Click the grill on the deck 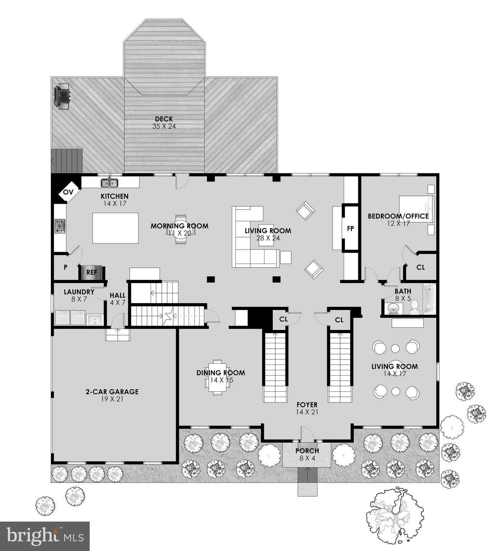click(62, 96)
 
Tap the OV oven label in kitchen click(68, 192)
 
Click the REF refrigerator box click(91, 273)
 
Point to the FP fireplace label click(351, 228)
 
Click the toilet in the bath click(414, 307)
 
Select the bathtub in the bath click(429, 299)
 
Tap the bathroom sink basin click(395, 308)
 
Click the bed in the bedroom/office click(416, 209)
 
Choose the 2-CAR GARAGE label click(112, 392)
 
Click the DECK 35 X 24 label click(164, 122)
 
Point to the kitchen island click(116, 228)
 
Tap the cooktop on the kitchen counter click(60, 226)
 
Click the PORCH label click(307, 451)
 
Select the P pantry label click(66, 267)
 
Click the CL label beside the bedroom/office click(420, 267)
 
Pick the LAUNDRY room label click(79, 292)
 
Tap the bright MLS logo click(45, 536)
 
